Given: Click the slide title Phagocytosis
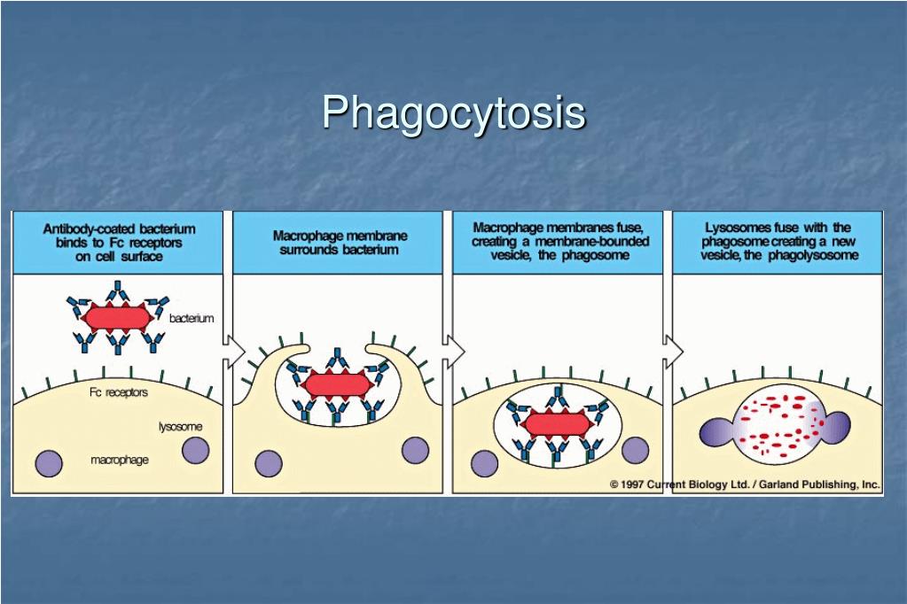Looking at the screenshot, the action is pyautogui.click(x=454, y=113).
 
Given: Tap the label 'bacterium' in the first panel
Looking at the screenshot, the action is pyautogui.click(x=192, y=318).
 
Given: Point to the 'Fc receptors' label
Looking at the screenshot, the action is pyautogui.click(x=119, y=392).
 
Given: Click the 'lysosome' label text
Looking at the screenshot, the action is pyautogui.click(x=181, y=427).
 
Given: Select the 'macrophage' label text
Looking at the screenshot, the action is pyautogui.click(x=120, y=460).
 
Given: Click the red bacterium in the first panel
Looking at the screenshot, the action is pyautogui.click(x=117, y=317).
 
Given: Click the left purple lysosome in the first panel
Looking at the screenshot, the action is pyautogui.click(x=49, y=463).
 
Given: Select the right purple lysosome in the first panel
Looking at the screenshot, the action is pyautogui.click(x=196, y=450).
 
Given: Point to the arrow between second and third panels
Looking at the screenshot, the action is pyautogui.click(x=454, y=350).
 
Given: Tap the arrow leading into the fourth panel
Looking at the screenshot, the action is pyautogui.click(x=673, y=351).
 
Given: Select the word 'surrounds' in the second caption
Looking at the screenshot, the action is pyautogui.click(x=307, y=251).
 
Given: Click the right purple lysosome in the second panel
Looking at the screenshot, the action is pyautogui.click(x=415, y=450).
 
